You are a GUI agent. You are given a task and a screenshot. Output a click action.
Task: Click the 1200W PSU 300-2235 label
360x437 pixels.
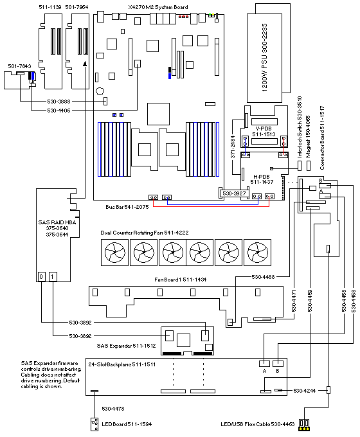pyautogui.click(x=264, y=57)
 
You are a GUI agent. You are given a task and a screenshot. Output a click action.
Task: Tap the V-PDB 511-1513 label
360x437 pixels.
pyautogui.click(x=264, y=131)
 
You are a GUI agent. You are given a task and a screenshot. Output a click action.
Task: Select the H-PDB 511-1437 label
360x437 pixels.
pyautogui.click(x=262, y=179)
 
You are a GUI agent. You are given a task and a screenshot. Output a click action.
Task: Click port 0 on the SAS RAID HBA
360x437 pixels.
pyautogui.click(x=41, y=276)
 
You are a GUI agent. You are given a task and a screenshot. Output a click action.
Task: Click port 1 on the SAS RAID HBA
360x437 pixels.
pyautogui.click(x=53, y=276)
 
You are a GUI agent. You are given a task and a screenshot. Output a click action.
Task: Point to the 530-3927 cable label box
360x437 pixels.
pyautogui.click(x=234, y=193)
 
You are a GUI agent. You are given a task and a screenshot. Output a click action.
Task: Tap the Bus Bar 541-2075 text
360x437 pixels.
pyautogui.click(x=127, y=207)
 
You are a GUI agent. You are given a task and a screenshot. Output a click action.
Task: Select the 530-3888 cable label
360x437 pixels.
pyautogui.click(x=59, y=102)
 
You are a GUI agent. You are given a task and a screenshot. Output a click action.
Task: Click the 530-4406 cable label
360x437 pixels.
pyautogui.click(x=59, y=111)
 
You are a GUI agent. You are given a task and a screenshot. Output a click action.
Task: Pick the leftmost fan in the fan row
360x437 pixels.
pyautogui.click(x=114, y=252)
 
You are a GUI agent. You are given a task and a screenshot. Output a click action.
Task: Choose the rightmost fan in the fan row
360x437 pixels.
pyautogui.click(x=257, y=252)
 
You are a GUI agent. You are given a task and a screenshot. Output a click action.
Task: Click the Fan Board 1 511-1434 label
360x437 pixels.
pyautogui.click(x=181, y=280)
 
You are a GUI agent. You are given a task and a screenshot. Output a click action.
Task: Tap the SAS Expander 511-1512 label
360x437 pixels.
pyautogui.click(x=126, y=346)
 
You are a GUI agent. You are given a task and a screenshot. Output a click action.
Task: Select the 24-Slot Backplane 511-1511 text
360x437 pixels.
pyautogui.click(x=122, y=364)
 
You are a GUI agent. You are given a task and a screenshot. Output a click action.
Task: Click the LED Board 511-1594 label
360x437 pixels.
pyautogui.click(x=127, y=424)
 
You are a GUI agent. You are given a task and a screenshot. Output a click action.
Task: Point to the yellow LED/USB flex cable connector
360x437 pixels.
pyautogui.click(x=304, y=428)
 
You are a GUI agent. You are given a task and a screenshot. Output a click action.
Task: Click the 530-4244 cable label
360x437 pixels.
pyautogui.click(x=305, y=391)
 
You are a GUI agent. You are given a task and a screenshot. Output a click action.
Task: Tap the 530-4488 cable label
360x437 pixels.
pyautogui.click(x=263, y=277)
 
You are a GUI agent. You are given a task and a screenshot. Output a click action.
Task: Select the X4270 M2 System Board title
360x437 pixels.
pyautogui.click(x=158, y=7)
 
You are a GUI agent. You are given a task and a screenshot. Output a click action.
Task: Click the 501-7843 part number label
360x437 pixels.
pyautogui.click(x=19, y=66)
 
